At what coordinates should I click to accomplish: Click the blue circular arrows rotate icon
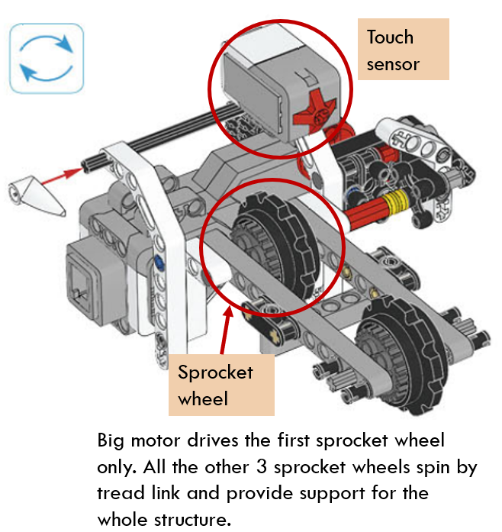pos(46,58)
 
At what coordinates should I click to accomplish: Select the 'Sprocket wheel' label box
pos(220,385)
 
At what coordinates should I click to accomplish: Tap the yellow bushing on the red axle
pos(394,205)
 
